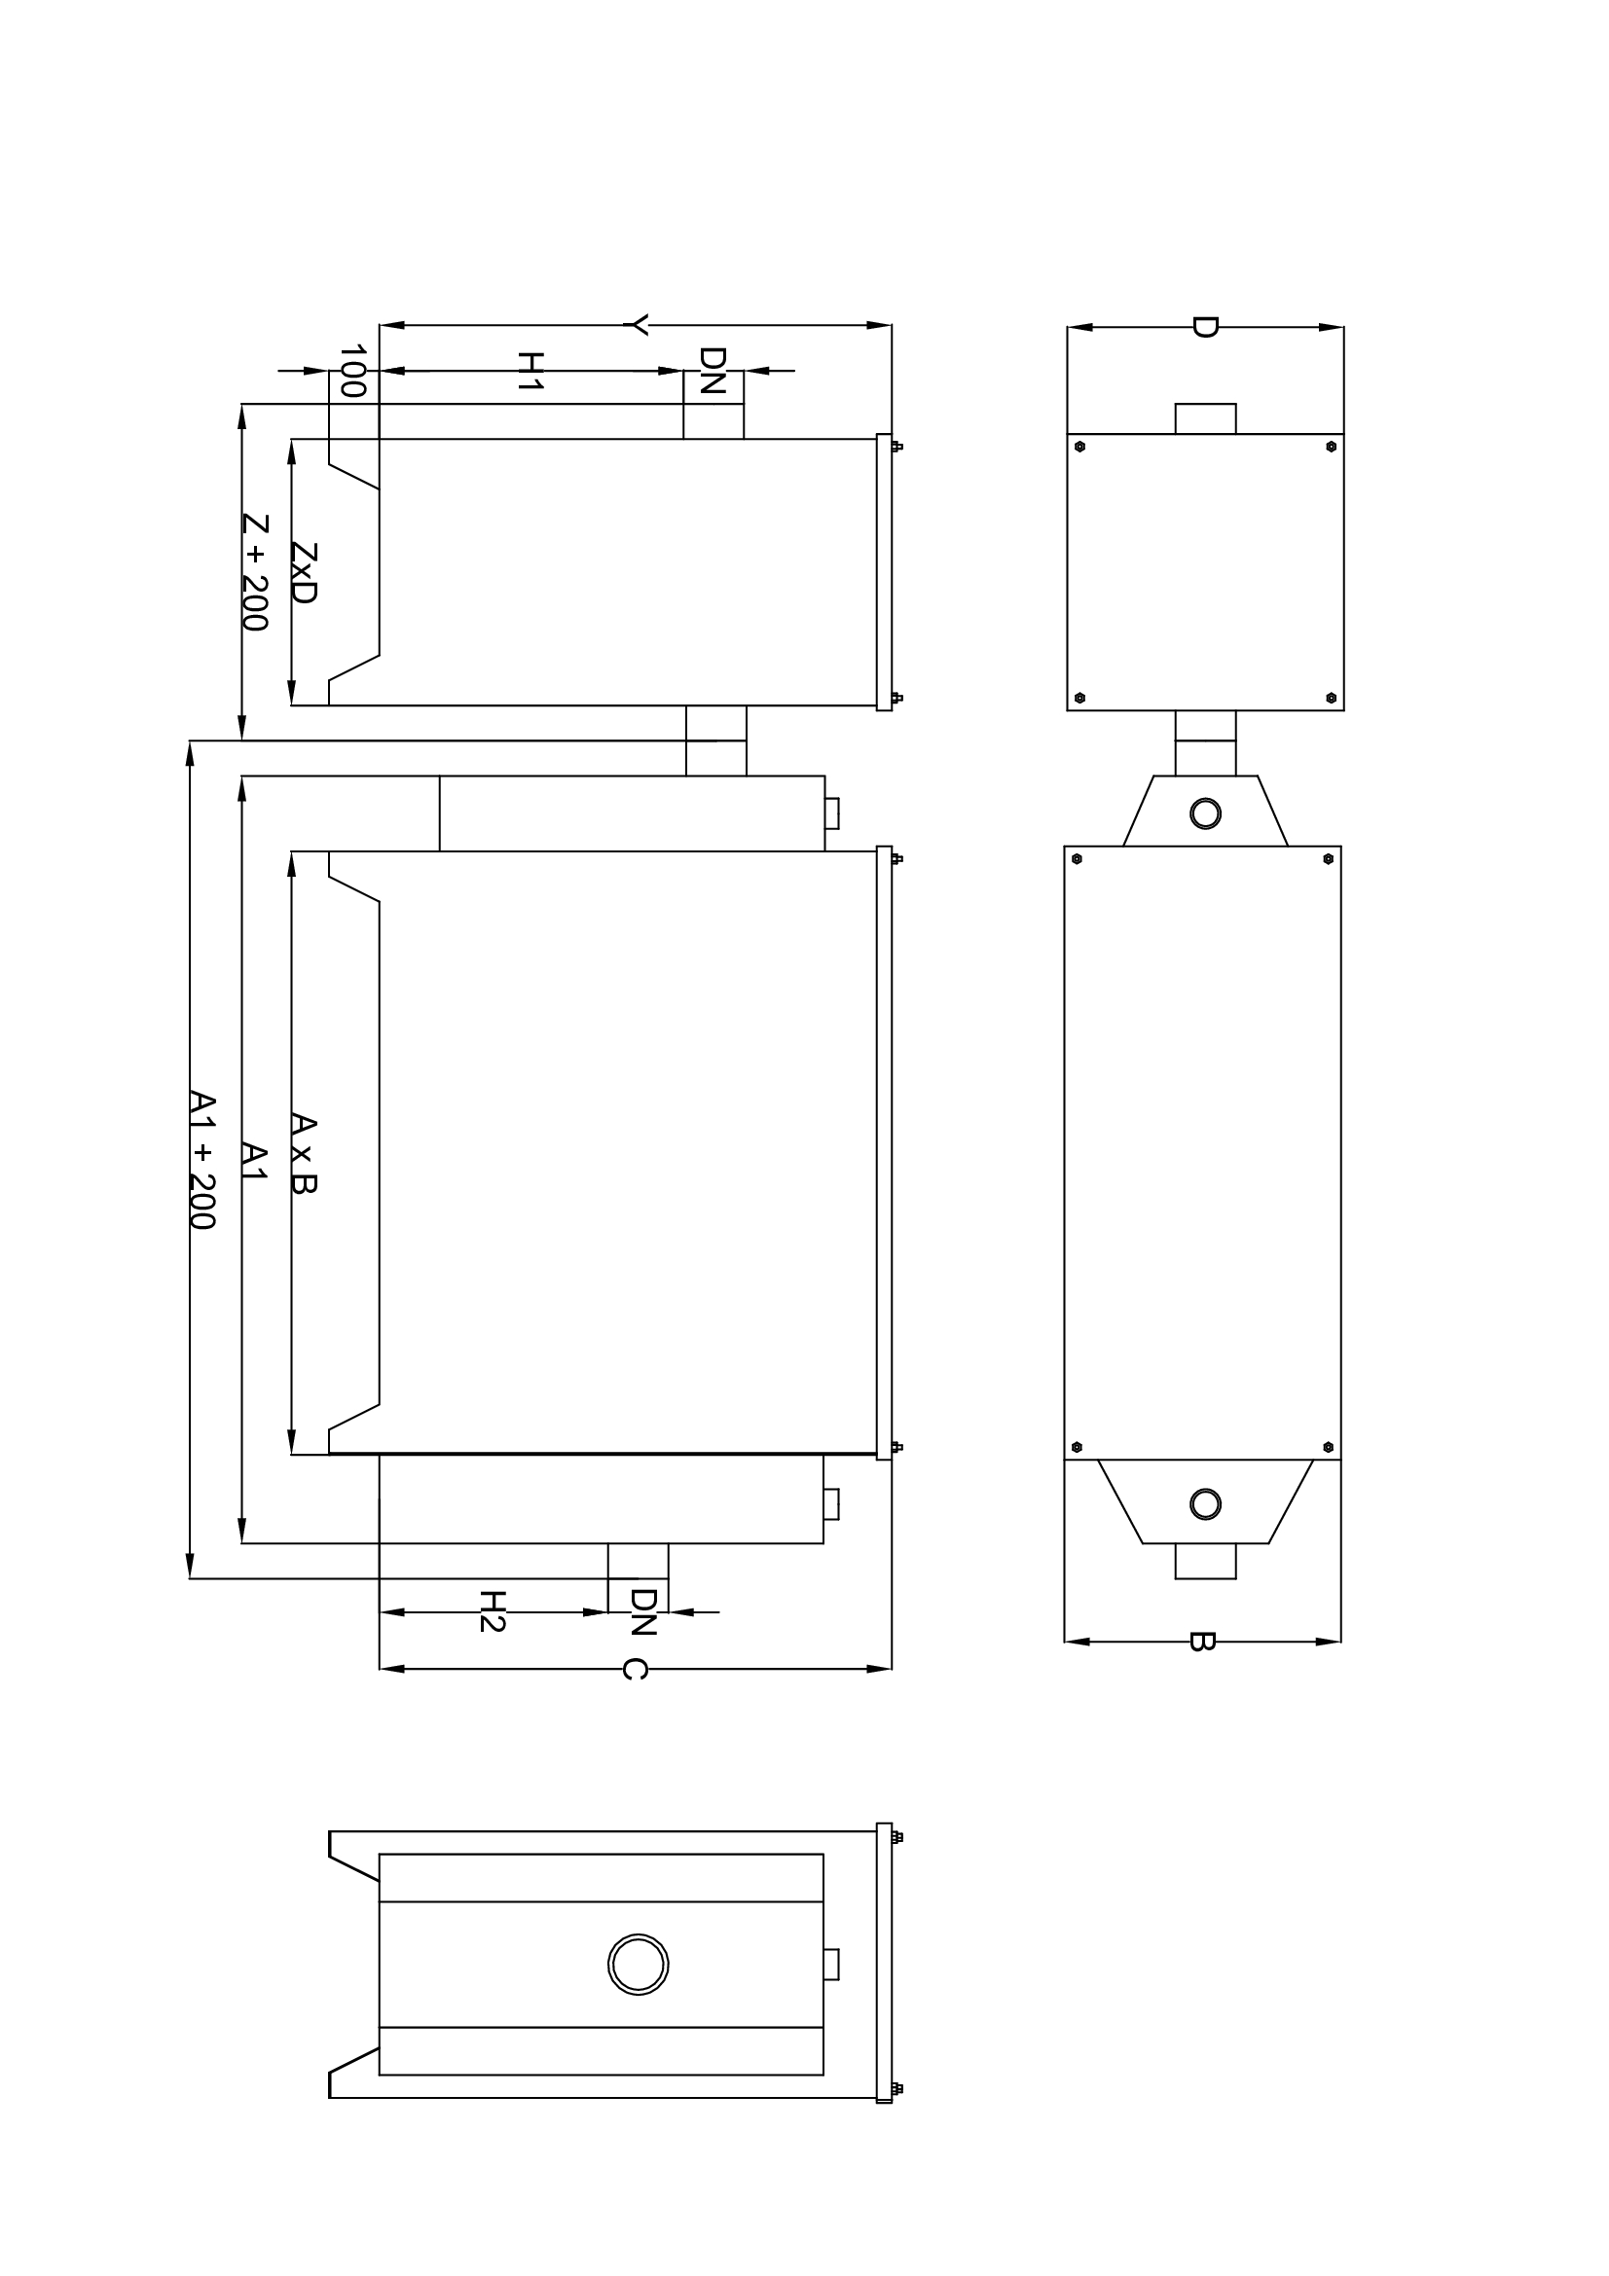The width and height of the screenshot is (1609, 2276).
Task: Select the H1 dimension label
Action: (531, 371)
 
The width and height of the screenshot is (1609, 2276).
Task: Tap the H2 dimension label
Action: (493, 1610)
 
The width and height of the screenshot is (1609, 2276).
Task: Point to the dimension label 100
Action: (353, 371)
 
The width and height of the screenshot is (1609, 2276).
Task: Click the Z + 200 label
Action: (255, 572)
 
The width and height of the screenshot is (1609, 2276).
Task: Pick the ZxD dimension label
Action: (304, 573)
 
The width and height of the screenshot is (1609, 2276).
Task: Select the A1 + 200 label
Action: (202, 1160)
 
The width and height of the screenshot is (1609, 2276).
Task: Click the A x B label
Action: (304, 1154)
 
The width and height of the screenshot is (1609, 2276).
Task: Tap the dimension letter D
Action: (1204, 327)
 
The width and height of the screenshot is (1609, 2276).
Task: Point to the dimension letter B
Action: (1200, 1642)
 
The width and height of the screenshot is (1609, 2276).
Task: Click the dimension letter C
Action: (635, 1670)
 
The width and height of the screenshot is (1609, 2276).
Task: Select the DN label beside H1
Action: (712, 371)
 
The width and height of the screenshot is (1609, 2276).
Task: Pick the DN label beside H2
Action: (642, 1611)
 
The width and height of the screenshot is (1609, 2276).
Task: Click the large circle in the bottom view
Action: (638, 1965)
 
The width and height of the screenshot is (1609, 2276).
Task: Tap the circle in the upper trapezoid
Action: (1204, 813)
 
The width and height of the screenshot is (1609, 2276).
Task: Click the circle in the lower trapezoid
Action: (1204, 1504)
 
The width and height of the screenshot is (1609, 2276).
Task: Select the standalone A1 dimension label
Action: (255, 1161)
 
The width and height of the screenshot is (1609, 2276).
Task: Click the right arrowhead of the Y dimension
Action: (879, 325)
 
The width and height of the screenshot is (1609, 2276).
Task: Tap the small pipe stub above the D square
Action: (1205, 418)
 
